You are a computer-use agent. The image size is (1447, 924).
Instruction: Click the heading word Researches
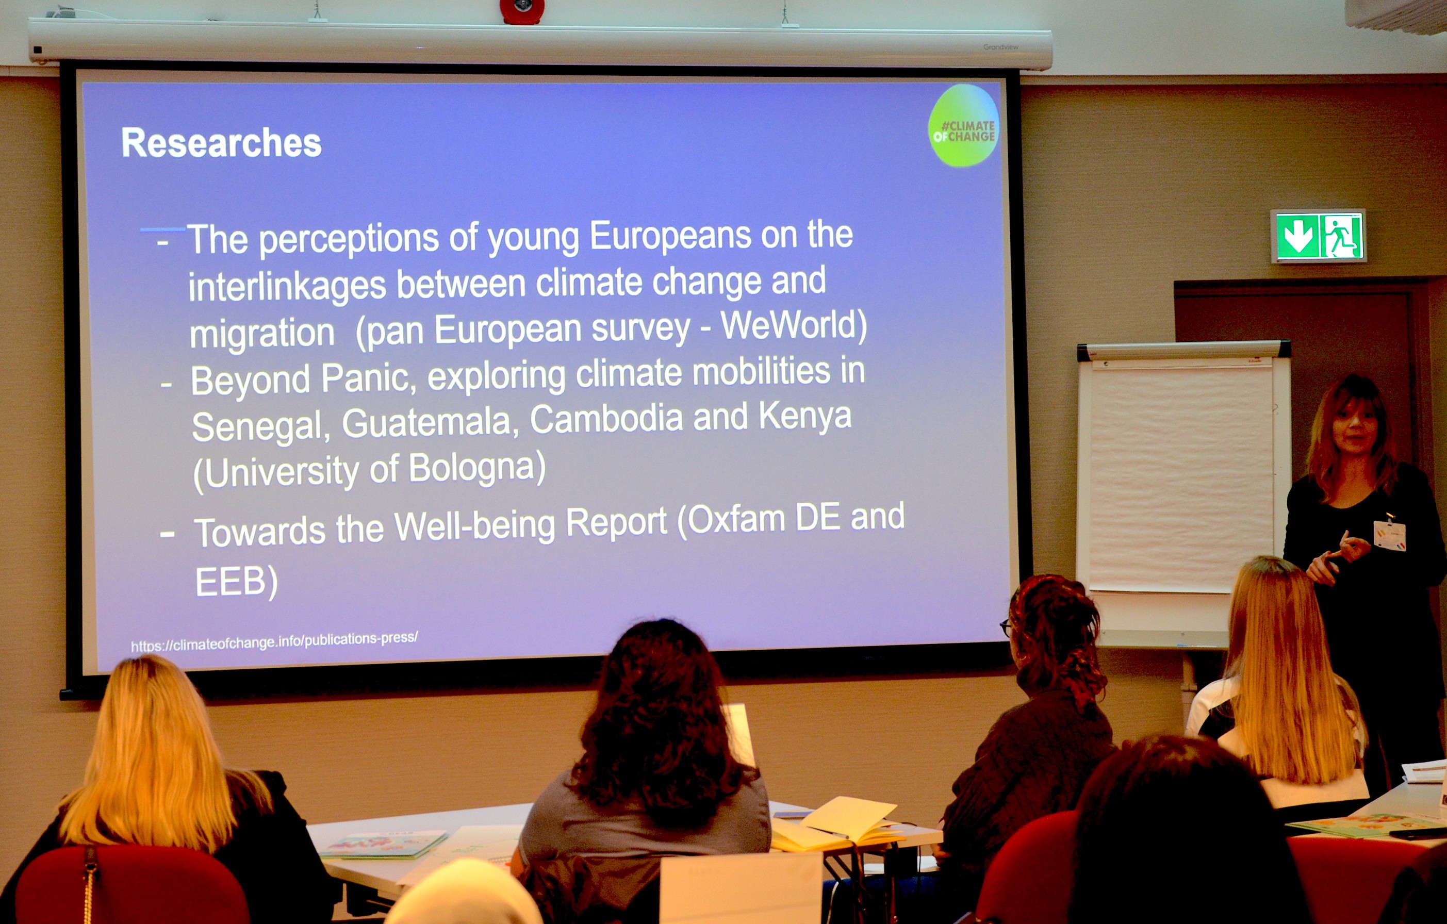(221, 143)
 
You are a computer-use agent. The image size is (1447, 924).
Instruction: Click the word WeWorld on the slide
(793, 326)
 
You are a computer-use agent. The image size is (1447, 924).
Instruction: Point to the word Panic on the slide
(368, 379)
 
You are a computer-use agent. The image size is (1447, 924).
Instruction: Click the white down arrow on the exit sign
(1296, 236)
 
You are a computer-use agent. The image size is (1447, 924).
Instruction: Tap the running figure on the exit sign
(1342, 236)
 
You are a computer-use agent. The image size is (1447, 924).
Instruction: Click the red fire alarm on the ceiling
(521, 10)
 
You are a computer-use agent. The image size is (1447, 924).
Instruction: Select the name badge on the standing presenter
(1389, 535)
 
